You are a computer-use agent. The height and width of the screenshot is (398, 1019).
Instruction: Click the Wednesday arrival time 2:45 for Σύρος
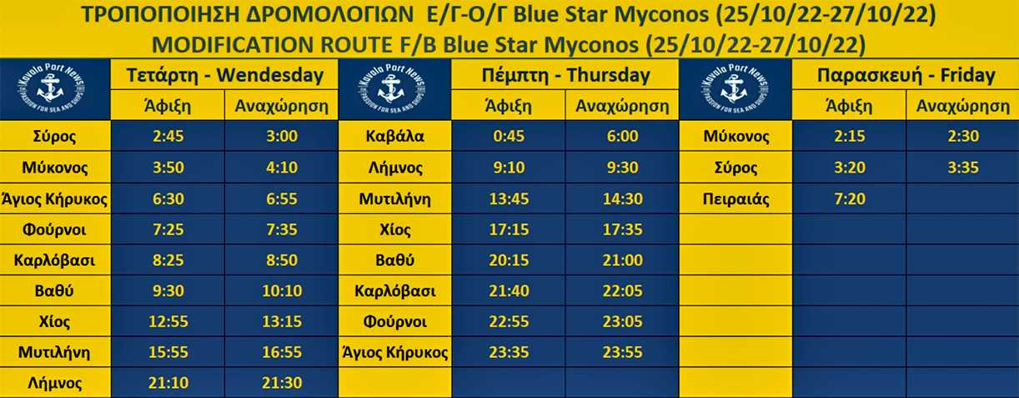(168, 136)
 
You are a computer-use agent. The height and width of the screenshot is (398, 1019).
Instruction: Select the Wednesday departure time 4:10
(282, 168)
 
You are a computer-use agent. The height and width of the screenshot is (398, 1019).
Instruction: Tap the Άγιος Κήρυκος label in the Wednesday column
(54, 199)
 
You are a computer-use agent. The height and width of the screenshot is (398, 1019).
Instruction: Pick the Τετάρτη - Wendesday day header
(224, 75)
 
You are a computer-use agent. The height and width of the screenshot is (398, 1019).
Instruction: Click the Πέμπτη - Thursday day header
(565, 75)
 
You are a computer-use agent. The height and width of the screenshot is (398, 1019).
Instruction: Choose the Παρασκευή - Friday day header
(906, 75)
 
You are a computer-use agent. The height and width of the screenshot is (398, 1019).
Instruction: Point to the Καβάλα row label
(395, 136)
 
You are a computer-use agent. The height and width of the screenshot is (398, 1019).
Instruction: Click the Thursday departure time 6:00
(622, 136)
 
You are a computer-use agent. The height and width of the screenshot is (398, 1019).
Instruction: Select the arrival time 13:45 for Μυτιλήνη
(509, 199)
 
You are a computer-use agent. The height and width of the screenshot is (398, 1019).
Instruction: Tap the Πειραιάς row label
(735, 199)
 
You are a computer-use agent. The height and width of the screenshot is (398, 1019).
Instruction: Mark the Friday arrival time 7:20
(850, 199)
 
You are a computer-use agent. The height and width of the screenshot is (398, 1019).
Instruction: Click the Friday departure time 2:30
(963, 136)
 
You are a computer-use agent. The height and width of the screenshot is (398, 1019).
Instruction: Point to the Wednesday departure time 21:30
(282, 383)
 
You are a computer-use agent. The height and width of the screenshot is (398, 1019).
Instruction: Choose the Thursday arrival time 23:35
(509, 352)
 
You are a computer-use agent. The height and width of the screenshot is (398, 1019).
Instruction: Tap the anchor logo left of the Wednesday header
(51, 89)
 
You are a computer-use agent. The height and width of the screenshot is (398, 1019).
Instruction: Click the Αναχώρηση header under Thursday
(622, 106)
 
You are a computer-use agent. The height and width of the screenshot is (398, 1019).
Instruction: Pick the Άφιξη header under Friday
(850, 106)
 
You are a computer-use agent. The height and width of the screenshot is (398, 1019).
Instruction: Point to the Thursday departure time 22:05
(622, 290)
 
